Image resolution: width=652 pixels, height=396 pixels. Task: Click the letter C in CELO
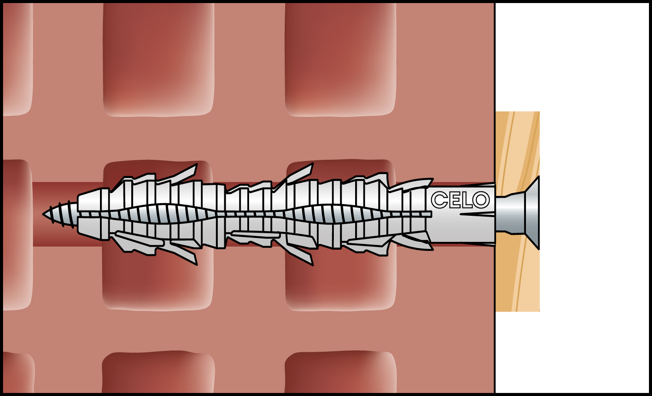coord(439,200)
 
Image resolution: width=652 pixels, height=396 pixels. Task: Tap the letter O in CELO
coord(481,200)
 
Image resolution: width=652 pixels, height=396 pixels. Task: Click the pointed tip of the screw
coord(43,214)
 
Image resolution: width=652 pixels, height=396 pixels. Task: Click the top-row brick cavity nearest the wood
coord(340,59)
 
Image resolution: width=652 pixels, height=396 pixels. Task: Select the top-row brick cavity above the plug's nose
coord(159,59)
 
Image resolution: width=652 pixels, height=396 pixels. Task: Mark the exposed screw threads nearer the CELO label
coord(338,214)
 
